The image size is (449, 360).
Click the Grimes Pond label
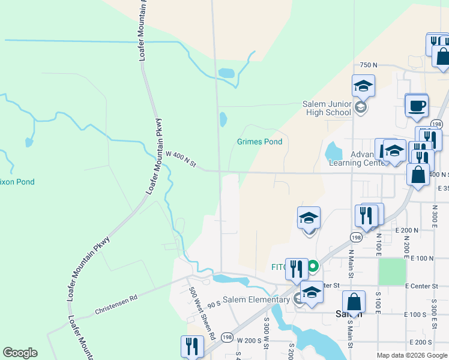point(259,142)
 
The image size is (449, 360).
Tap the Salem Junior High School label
point(326,108)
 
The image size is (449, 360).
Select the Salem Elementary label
point(256,300)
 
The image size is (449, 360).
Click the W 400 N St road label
point(181,160)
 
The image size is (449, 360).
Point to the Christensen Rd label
point(116,305)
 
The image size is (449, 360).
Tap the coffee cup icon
point(417,106)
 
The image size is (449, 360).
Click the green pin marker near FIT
point(312,266)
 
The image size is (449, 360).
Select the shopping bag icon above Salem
point(354,303)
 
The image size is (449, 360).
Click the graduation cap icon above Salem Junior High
point(364,86)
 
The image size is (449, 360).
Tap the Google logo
point(20,353)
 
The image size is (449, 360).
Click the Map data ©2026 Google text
point(412,355)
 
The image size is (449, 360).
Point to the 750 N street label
point(368,65)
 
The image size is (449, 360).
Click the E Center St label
point(423,286)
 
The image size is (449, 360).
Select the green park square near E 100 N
point(391,271)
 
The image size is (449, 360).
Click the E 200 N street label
point(406,230)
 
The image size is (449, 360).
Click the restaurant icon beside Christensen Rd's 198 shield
point(191,346)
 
